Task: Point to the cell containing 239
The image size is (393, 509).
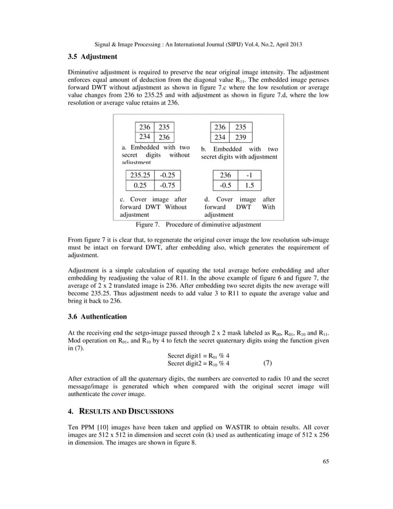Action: click(241, 137)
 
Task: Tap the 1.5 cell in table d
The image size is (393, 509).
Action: click(249, 185)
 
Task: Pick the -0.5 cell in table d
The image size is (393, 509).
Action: click(225, 185)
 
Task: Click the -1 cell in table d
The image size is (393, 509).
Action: click(249, 175)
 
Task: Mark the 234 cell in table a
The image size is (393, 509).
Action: click(144, 137)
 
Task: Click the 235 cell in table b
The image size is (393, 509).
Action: click(241, 127)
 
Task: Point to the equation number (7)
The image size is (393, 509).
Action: click(268, 363)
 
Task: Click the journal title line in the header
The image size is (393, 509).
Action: click(197, 44)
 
